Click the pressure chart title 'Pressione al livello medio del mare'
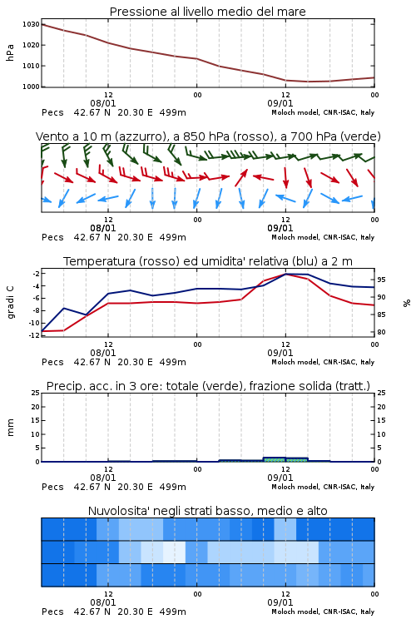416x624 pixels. (x=207, y=12)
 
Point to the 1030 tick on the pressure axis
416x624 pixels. (x=31, y=24)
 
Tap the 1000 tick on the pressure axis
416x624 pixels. (x=31, y=87)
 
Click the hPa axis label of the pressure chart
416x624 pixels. (x=10, y=52)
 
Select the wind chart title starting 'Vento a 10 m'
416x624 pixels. (x=208, y=136)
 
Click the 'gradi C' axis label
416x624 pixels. (x=10, y=302)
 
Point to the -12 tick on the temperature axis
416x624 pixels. (x=34, y=335)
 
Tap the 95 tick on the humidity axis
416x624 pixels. (x=381, y=280)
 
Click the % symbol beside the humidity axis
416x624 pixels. (x=407, y=303)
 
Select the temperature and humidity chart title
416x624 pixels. (x=208, y=261)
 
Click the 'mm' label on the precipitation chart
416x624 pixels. (x=10, y=428)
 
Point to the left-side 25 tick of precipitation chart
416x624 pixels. (x=36, y=393)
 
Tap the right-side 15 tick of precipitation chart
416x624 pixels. (x=381, y=420)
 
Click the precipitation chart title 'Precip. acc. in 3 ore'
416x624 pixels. (x=208, y=386)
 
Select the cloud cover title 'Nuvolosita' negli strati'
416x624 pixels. (x=207, y=511)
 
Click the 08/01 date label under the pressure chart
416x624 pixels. (x=103, y=103)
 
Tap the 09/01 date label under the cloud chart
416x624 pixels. (x=280, y=602)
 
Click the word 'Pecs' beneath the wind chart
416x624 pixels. (x=52, y=237)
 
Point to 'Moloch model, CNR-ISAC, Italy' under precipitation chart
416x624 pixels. (x=323, y=487)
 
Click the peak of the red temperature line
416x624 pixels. (x=286, y=274)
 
